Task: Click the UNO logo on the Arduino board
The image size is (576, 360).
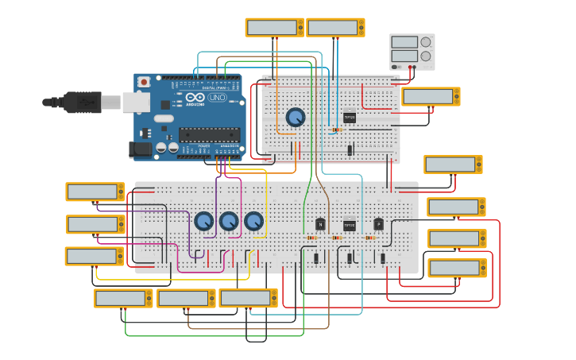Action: (x=217, y=97)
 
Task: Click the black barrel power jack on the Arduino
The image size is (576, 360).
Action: (x=141, y=149)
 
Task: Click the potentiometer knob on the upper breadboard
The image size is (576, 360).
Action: (x=296, y=117)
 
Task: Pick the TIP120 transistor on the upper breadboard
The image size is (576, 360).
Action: (x=350, y=116)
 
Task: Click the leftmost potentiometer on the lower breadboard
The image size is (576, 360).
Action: (x=203, y=221)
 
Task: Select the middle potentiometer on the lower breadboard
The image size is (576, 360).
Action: (x=229, y=221)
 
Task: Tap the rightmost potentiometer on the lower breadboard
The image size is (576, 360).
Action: (x=254, y=221)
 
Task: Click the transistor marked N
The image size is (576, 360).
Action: (x=321, y=224)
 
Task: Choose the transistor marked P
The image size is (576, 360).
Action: (x=379, y=224)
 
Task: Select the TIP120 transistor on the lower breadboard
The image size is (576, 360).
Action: (x=350, y=224)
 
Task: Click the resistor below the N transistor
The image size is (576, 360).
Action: (x=311, y=238)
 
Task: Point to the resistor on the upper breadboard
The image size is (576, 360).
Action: (x=337, y=130)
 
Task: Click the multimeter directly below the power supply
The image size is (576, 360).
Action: (x=431, y=96)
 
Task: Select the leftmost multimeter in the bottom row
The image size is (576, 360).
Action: (x=123, y=298)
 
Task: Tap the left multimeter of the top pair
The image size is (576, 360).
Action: (x=274, y=27)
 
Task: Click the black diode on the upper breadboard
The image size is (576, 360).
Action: (x=350, y=149)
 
